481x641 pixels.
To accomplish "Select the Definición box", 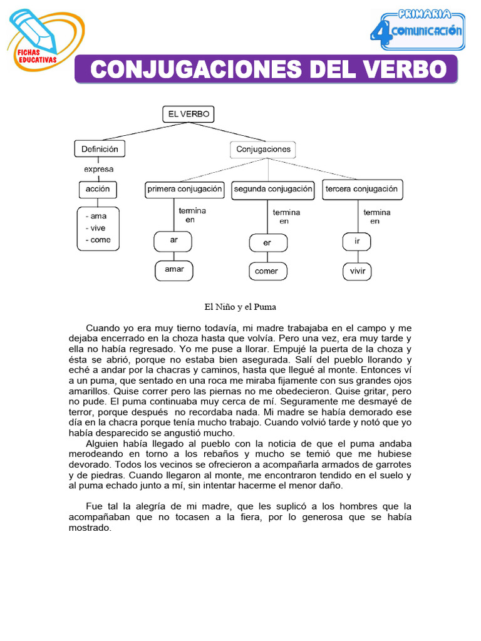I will click(100, 149).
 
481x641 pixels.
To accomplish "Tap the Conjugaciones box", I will click(263, 150).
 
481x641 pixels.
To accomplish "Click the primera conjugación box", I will click(185, 189).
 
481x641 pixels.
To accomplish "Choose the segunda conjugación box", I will click(272, 189).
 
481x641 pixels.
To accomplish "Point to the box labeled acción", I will click(98, 189).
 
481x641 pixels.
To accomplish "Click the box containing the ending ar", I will click(173, 240).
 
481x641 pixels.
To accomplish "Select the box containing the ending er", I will click(267, 242).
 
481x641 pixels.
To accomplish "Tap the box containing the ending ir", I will click(358, 240).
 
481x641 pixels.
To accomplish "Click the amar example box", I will click(173, 270).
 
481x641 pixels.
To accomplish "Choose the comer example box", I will click(267, 272).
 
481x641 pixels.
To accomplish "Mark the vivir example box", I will click(358, 272).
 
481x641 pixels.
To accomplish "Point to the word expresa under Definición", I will click(99, 169).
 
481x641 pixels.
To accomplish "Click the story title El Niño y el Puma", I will click(240, 307).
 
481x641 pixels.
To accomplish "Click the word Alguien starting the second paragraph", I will click(105, 444).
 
